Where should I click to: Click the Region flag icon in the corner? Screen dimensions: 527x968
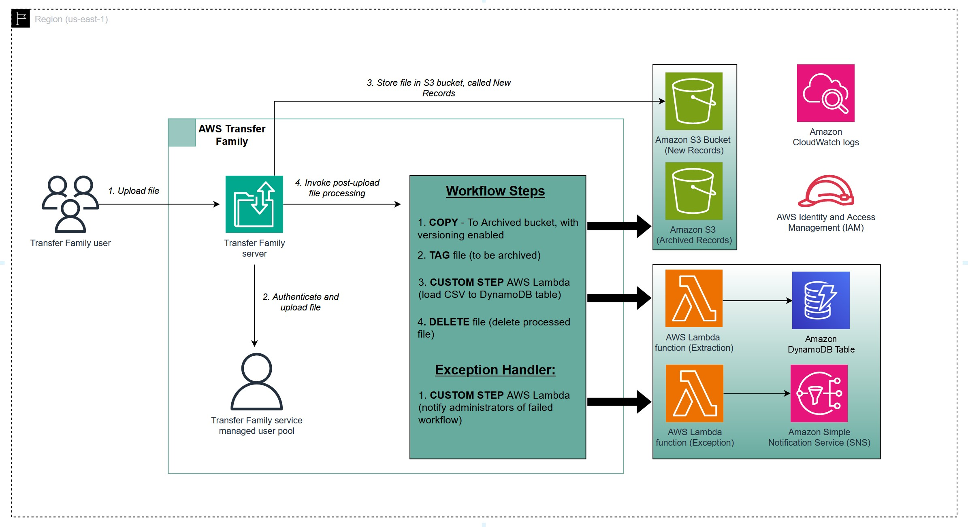click(x=21, y=19)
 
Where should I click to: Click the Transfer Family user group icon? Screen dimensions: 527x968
click(x=70, y=204)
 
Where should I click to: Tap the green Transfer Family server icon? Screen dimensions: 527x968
click(x=254, y=204)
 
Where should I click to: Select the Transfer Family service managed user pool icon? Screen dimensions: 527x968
click(x=256, y=382)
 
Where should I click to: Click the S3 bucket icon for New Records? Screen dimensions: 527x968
click(x=693, y=101)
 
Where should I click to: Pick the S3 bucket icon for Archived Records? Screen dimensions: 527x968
click(x=693, y=191)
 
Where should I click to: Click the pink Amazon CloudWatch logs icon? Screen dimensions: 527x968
click(x=825, y=93)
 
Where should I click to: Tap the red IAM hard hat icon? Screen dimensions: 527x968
click(x=825, y=191)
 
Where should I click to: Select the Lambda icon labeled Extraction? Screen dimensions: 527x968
click(x=693, y=298)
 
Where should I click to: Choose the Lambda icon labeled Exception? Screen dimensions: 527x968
click(x=694, y=393)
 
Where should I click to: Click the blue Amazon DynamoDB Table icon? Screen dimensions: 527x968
click(x=821, y=300)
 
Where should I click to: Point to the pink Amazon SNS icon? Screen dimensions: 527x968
click(x=819, y=393)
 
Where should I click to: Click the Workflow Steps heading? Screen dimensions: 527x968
click(x=495, y=191)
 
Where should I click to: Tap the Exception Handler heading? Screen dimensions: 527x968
click(x=495, y=370)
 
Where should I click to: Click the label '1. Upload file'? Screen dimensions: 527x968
click(x=134, y=191)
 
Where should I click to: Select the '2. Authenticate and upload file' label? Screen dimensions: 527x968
click(x=301, y=302)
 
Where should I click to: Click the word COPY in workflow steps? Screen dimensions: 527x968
click(x=443, y=222)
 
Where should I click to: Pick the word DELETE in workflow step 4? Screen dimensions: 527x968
click(x=449, y=322)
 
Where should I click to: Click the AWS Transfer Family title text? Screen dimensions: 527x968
click(x=232, y=135)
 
